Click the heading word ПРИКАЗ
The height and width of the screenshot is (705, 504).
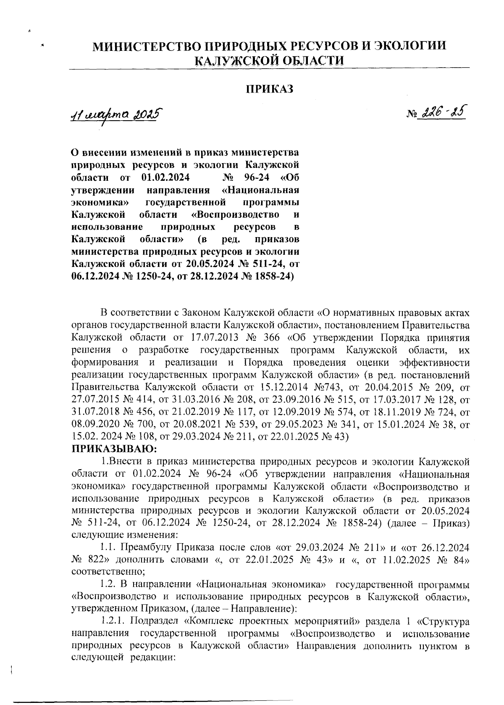click(269, 89)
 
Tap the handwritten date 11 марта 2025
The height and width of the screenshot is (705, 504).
click(116, 114)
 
